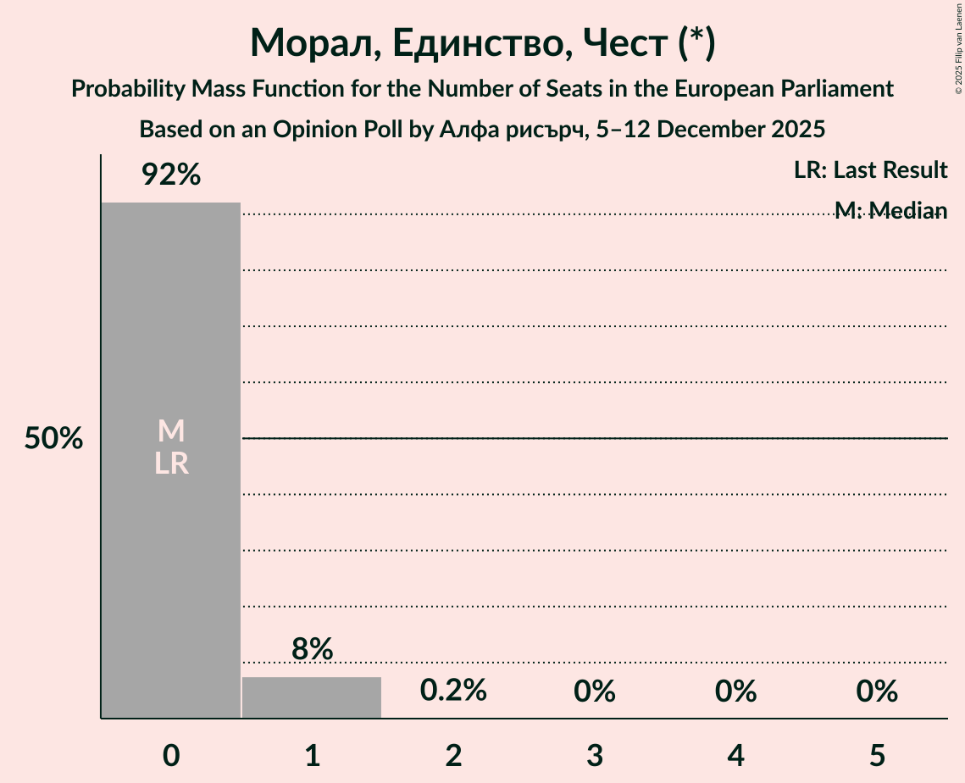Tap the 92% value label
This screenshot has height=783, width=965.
(171, 175)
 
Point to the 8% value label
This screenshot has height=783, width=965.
(312, 649)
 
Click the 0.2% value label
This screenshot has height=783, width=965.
(453, 691)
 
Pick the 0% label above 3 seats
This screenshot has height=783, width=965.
(594, 691)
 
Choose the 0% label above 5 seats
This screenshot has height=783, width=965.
(876, 691)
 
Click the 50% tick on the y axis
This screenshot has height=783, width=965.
(53, 439)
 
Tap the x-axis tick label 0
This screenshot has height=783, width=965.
(171, 754)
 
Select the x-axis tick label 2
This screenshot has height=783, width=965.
(453, 754)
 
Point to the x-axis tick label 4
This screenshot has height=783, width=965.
(735, 754)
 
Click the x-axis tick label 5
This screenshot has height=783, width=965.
(876, 754)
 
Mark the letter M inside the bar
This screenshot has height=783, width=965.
(171, 431)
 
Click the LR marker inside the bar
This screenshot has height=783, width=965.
(171, 464)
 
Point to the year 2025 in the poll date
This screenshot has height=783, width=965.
(796, 130)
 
